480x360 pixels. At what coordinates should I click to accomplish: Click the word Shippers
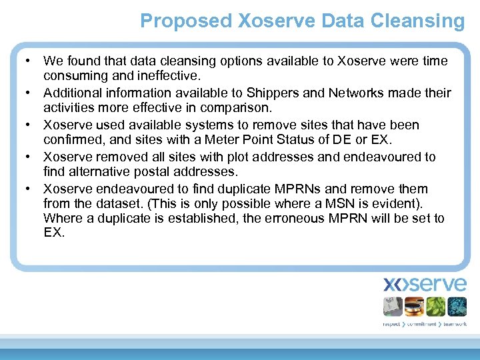[273, 93]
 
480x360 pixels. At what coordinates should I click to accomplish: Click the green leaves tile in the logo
[435, 306]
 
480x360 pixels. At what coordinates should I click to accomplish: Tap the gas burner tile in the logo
[415, 306]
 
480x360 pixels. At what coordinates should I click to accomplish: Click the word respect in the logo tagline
[392, 323]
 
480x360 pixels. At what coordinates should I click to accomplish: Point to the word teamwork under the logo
[454, 323]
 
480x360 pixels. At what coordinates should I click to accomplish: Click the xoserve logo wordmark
[425, 284]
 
